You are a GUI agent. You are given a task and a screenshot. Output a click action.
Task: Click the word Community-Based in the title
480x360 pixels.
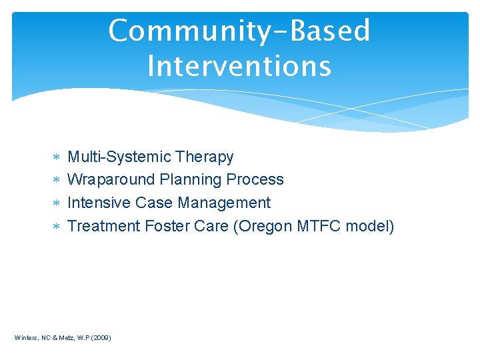239,31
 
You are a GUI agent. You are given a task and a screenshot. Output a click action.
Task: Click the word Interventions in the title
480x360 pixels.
239,67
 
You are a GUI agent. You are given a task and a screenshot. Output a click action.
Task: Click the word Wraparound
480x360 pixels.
112,180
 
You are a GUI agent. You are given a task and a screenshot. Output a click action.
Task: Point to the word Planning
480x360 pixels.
191,180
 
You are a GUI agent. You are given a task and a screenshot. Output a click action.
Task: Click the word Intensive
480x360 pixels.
99,203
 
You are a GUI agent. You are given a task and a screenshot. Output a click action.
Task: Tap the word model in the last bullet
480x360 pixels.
370,226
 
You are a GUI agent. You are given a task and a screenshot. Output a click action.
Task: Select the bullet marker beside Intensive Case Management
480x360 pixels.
57,203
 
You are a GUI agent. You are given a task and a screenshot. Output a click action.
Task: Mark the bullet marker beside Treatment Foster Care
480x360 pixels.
57,227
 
